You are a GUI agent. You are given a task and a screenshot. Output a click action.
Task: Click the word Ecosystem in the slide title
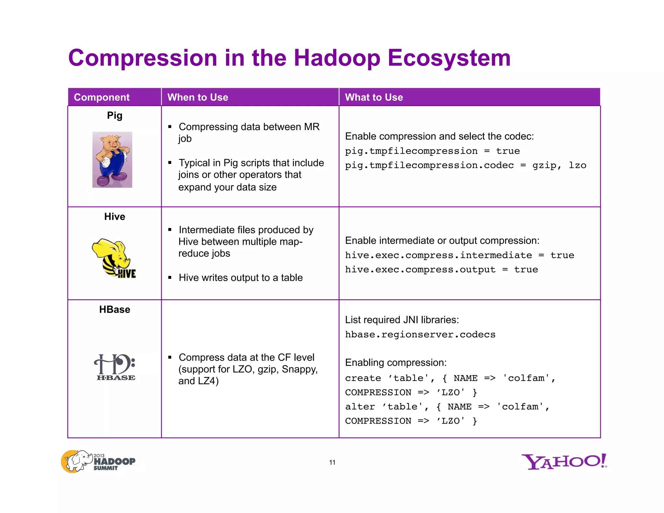[449, 58]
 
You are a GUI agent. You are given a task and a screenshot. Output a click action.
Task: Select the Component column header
[101, 97]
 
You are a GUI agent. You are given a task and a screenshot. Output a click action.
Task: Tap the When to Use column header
[197, 97]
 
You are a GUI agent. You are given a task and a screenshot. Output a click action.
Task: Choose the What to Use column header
[374, 97]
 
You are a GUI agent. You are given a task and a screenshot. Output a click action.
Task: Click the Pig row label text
[114, 115]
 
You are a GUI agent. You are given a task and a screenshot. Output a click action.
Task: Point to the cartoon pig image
[112, 160]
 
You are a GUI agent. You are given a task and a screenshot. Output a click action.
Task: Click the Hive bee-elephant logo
[114, 258]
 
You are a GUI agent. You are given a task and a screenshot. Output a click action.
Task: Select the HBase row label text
[114, 309]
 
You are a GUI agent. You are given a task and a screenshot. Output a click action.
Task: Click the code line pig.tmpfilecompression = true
[432, 151]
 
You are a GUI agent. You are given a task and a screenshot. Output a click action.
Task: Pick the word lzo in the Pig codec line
[577, 165]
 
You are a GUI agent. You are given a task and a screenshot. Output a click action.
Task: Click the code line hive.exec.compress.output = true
[441, 269]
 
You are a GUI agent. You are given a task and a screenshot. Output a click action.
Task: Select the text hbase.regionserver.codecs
[420, 334]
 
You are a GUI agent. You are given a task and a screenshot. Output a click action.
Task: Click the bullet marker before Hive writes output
[170, 278]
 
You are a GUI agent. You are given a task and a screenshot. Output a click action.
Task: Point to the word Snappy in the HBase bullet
[299, 369]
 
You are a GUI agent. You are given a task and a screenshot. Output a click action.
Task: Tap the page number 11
[332, 462]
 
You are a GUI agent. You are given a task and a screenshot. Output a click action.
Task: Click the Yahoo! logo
[564, 461]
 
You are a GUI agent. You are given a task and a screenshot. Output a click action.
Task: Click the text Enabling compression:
[396, 363]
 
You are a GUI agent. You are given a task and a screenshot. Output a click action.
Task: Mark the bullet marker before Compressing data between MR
[170, 127]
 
